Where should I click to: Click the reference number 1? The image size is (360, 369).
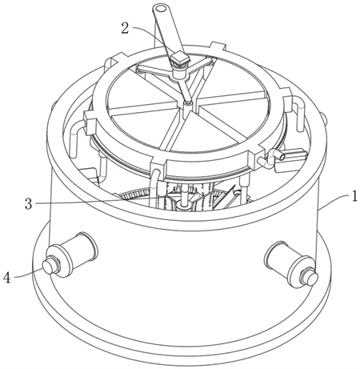point(354,197)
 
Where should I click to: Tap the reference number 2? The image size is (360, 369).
point(126,28)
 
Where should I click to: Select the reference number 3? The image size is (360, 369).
point(29,204)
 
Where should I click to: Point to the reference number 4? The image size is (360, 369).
point(6,278)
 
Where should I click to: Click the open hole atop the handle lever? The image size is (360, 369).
point(160,9)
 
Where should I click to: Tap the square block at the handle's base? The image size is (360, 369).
point(180,59)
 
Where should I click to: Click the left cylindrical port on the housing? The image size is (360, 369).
point(71,255)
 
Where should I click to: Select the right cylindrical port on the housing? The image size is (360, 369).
point(290,265)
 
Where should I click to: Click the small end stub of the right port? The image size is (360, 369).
point(310,278)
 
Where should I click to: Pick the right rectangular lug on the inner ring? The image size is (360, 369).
point(288,102)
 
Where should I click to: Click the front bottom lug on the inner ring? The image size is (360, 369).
point(158,166)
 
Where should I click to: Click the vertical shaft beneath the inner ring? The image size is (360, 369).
point(184,197)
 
